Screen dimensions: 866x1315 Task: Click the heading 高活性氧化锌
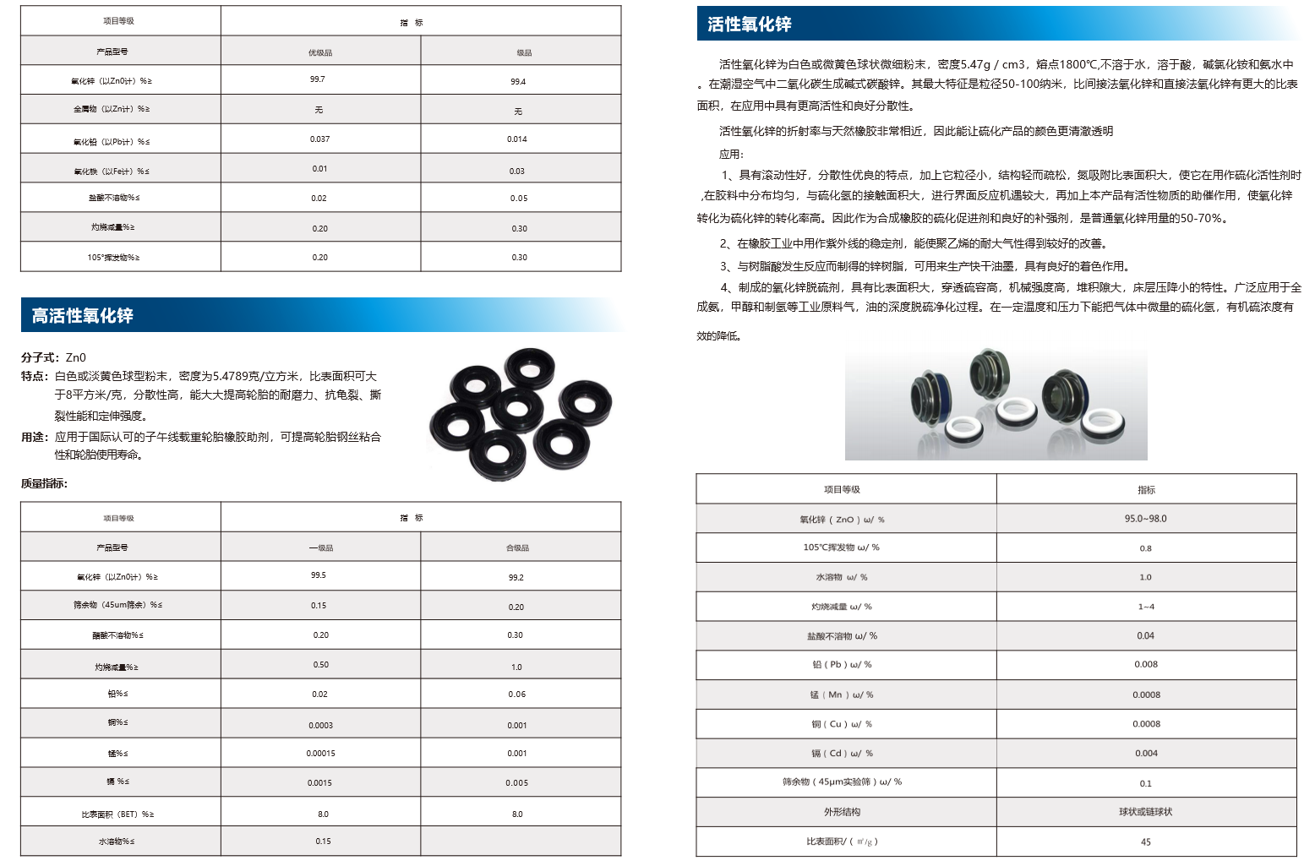point(82,316)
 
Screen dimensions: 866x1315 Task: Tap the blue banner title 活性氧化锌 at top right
point(750,25)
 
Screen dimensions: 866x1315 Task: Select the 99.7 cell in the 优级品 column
point(318,79)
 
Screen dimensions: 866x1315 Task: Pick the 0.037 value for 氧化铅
point(319,139)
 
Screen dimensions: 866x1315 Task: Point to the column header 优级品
point(320,52)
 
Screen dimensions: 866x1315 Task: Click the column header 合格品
point(517,548)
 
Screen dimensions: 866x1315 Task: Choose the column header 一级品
point(321,548)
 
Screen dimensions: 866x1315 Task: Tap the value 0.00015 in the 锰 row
point(320,754)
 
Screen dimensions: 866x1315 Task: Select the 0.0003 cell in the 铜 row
point(320,725)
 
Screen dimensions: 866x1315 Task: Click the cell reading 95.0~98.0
point(1145,519)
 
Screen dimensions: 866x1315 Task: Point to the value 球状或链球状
point(1145,812)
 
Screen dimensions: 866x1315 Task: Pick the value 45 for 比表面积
point(1145,841)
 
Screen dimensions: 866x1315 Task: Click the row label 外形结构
point(842,812)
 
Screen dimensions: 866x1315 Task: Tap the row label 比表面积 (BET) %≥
point(117,814)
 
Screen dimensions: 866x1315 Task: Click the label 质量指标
point(44,483)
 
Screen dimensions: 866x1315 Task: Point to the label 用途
point(35,437)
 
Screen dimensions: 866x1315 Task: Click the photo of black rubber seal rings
point(520,410)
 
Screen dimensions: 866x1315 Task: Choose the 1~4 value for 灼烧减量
point(1145,607)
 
